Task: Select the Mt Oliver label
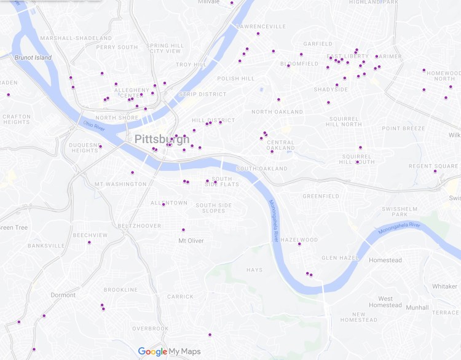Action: click(191, 241)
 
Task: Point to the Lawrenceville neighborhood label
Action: click(261, 26)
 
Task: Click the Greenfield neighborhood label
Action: click(321, 197)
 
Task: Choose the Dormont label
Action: click(63, 295)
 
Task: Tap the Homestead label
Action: click(385, 260)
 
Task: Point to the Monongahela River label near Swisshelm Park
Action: click(400, 229)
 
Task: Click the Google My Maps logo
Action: click(169, 351)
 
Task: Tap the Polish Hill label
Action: click(235, 79)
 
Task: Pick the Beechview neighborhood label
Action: click(90, 235)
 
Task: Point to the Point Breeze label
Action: click(403, 128)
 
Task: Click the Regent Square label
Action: click(433, 166)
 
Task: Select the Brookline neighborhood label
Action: click(120, 290)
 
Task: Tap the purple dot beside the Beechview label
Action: click(89, 242)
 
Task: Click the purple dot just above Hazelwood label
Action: click(299, 245)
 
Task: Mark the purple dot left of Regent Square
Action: click(435, 171)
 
